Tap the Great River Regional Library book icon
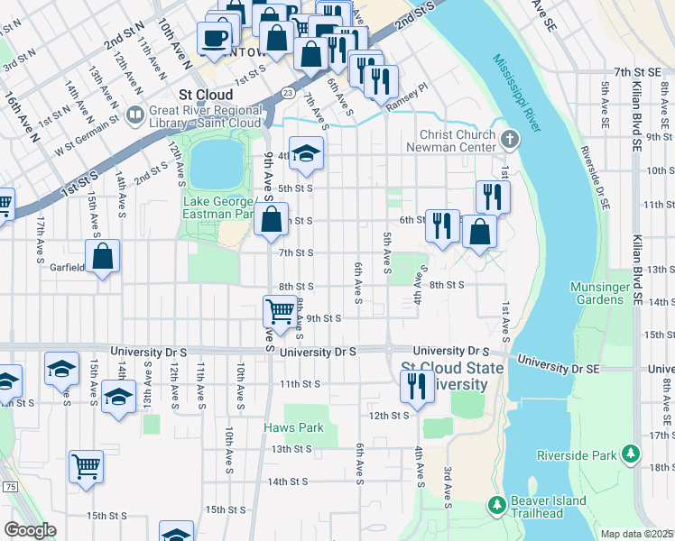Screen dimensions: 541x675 click(135, 115)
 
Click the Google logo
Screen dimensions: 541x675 click(30, 530)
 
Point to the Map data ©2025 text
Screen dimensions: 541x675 click(637, 534)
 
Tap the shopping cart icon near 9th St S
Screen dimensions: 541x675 click(280, 311)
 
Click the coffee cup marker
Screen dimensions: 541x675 click(214, 37)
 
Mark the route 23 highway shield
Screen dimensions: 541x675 click(286, 92)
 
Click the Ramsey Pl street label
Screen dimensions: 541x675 click(404, 105)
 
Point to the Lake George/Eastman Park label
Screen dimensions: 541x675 click(221, 207)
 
